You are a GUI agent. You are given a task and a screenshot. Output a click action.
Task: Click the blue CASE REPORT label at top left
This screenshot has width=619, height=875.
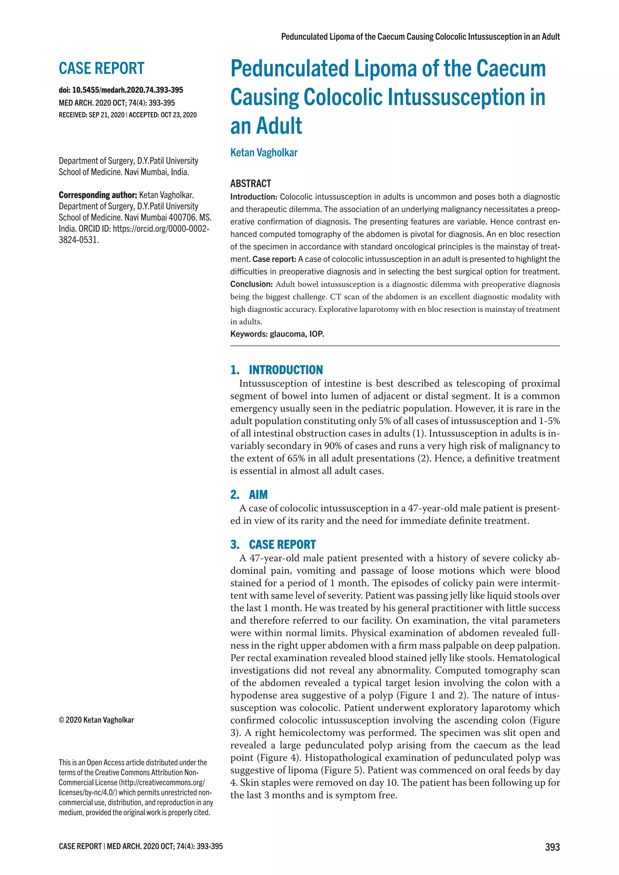pyautogui.click(x=101, y=69)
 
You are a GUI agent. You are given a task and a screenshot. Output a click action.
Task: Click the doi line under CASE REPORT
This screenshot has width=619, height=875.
pyautogui.click(x=121, y=90)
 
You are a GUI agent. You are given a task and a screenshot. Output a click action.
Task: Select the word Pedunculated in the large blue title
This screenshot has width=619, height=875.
pyautogui.click(x=289, y=69)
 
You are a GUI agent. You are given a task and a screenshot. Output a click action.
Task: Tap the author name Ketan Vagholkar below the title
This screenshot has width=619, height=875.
pyautogui.click(x=264, y=153)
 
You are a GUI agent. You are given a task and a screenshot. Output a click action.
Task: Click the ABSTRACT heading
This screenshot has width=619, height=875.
pyautogui.click(x=251, y=184)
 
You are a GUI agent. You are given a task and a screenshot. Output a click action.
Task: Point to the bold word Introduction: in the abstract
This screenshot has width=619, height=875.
pyautogui.click(x=254, y=197)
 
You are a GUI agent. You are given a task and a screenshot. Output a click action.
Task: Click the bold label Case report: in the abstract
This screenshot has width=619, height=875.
pyautogui.click(x=274, y=259)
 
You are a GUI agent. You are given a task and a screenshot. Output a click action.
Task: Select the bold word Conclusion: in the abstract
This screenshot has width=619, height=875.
pyautogui.click(x=251, y=284)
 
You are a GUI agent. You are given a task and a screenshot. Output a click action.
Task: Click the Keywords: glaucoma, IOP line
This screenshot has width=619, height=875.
pyautogui.click(x=277, y=334)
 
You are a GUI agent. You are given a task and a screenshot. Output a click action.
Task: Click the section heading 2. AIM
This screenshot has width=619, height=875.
pyautogui.click(x=249, y=495)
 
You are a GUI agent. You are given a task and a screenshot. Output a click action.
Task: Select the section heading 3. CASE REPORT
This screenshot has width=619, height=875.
pyautogui.click(x=273, y=544)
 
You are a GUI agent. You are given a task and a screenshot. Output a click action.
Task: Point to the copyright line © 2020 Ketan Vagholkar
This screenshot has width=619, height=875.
pyautogui.click(x=96, y=720)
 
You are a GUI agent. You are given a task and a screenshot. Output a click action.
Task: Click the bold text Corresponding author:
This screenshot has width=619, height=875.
pyautogui.click(x=98, y=195)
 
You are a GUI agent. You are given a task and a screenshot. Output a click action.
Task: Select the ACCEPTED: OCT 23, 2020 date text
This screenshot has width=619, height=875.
pyautogui.click(x=163, y=115)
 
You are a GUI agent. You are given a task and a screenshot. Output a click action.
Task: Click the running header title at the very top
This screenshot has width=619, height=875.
pyautogui.click(x=420, y=37)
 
